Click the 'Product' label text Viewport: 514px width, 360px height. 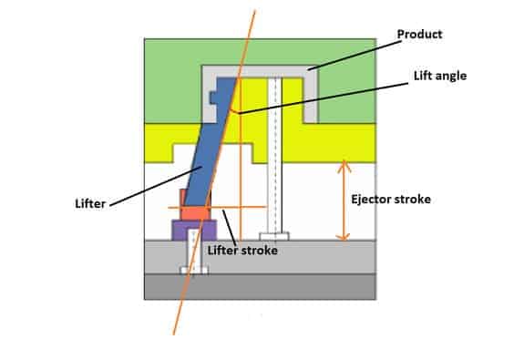click(419, 34)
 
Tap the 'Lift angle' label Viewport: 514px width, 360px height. click(440, 76)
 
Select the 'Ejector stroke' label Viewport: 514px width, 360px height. click(391, 199)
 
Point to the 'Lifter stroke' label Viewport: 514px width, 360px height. click(242, 251)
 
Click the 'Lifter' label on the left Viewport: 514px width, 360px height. click(90, 203)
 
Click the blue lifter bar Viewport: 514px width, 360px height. click(210, 141)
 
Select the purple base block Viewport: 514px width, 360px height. click(194, 231)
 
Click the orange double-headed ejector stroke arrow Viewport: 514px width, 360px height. click(344, 201)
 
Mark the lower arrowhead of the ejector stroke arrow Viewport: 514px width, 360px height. click(344, 237)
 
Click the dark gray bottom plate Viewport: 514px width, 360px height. click(261, 286)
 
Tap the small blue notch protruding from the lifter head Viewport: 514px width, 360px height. click(213, 98)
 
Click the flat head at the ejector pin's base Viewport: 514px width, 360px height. click(274, 236)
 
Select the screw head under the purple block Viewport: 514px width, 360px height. click(194, 271)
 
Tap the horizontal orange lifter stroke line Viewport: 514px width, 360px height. click(217, 207)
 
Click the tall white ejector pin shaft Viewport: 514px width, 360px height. click(274, 155)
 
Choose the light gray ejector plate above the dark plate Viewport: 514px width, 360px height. click(261, 257)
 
